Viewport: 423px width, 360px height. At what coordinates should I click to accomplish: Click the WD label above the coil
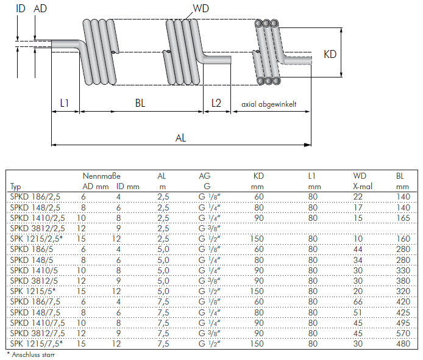[201, 9]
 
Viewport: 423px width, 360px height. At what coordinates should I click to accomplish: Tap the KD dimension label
[330, 54]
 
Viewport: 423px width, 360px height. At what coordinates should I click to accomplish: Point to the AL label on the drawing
[180, 139]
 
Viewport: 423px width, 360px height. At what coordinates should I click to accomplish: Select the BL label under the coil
[140, 103]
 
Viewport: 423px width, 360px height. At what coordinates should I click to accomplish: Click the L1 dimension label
[64, 103]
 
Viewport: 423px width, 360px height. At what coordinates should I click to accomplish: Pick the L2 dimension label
[216, 103]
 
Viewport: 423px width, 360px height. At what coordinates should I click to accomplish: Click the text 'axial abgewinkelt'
[269, 104]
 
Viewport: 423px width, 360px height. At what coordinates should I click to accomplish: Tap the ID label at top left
[21, 9]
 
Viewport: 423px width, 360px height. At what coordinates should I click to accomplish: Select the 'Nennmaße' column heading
[101, 176]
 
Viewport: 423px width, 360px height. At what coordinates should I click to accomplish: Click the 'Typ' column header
[15, 187]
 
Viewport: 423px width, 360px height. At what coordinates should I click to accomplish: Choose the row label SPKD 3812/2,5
[38, 228]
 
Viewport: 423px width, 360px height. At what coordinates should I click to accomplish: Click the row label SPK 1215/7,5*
[37, 344]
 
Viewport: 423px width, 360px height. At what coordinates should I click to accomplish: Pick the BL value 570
[403, 333]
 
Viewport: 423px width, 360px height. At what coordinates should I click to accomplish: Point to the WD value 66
[358, 301]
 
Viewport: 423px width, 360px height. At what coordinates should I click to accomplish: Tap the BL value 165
[403, 218]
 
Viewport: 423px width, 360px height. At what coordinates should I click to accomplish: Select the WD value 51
[358, 312]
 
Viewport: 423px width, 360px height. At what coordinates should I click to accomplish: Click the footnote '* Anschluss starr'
[30, 355]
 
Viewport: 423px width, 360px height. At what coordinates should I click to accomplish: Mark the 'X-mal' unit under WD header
[363, 186]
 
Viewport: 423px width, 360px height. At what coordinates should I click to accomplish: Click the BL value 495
[403, 323]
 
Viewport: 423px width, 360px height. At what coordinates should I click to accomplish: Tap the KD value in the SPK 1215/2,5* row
[257, 239]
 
